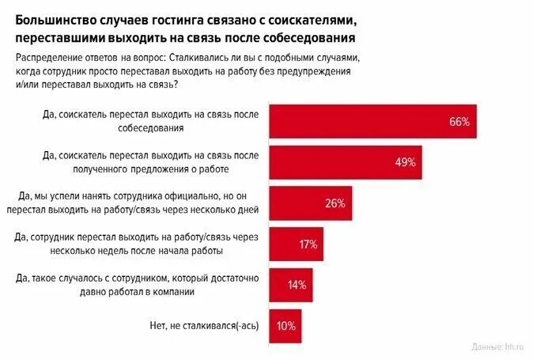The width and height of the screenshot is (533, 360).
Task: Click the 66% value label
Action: [459, 122]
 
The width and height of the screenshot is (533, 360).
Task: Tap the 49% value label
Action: [405, 163]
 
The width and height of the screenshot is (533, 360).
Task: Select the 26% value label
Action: [335, 203]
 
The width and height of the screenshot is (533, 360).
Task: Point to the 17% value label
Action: [308, 244]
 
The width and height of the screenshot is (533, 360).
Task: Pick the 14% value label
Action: [297, 285]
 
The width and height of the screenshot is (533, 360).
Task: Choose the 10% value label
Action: [286, 325]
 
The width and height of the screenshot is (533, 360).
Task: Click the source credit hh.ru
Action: [501, 347]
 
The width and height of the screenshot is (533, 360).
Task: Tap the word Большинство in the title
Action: [53, 18]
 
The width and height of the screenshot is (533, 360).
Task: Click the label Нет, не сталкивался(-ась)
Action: [209, 325]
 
